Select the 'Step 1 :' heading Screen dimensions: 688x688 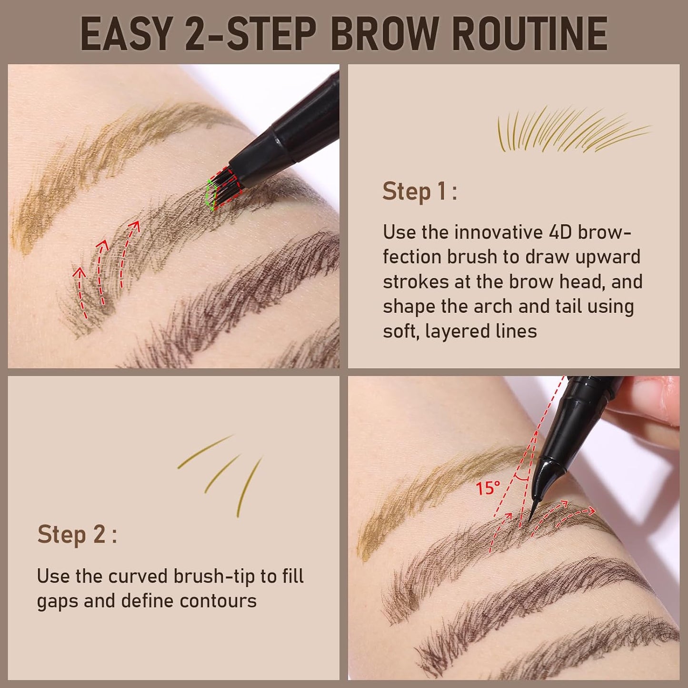419,191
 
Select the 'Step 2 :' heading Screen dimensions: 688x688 77,534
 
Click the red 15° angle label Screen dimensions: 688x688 488,488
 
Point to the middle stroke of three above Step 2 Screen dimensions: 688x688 222,473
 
